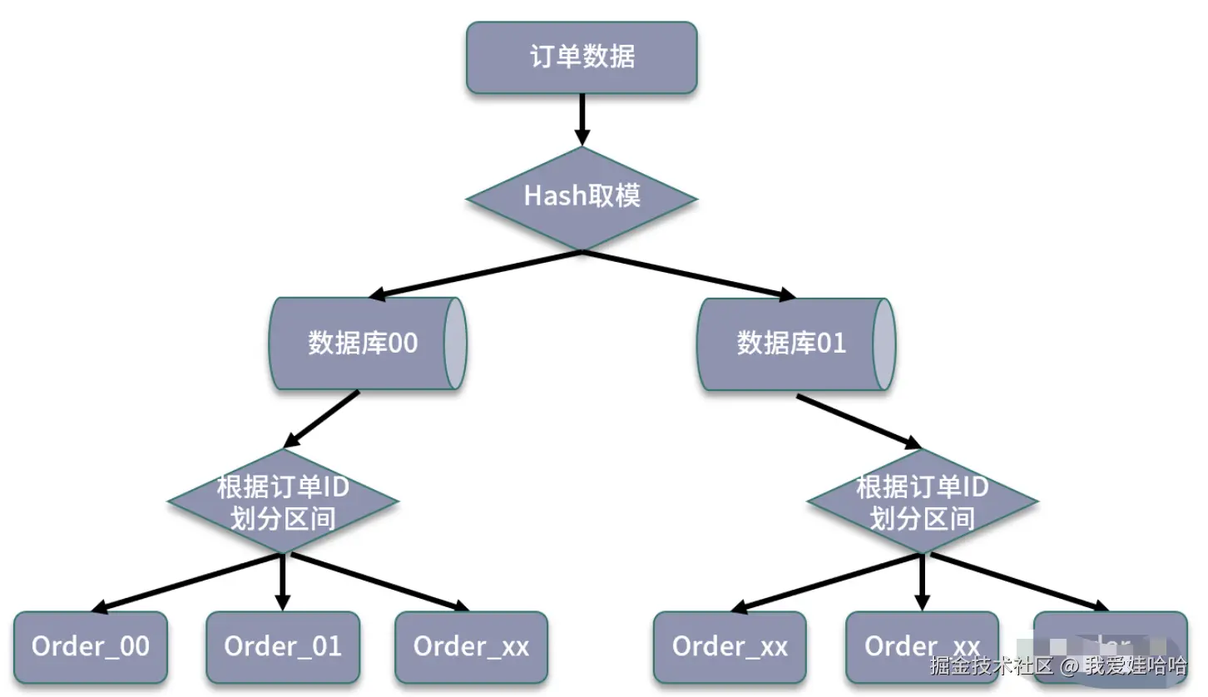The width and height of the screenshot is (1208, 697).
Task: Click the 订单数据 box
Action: [582, 57]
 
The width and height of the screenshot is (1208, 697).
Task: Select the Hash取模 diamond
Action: [582, 197]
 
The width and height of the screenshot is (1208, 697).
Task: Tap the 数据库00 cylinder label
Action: [363, 343]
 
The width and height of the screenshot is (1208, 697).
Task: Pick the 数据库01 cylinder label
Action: [790, 343]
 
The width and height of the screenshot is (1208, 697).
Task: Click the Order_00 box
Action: [91, 647]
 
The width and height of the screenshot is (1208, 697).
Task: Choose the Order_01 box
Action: [283, 647]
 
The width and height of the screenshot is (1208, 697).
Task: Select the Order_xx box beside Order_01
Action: [471, 647]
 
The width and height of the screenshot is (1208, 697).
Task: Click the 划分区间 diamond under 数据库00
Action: [283, 502]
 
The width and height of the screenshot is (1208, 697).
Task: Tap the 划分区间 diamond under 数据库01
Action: [923, 502]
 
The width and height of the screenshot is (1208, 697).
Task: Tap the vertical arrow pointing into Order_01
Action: [283, 582]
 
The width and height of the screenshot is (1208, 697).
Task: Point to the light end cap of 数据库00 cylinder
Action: [455, 344]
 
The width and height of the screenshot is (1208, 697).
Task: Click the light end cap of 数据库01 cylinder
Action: [884, 344]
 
